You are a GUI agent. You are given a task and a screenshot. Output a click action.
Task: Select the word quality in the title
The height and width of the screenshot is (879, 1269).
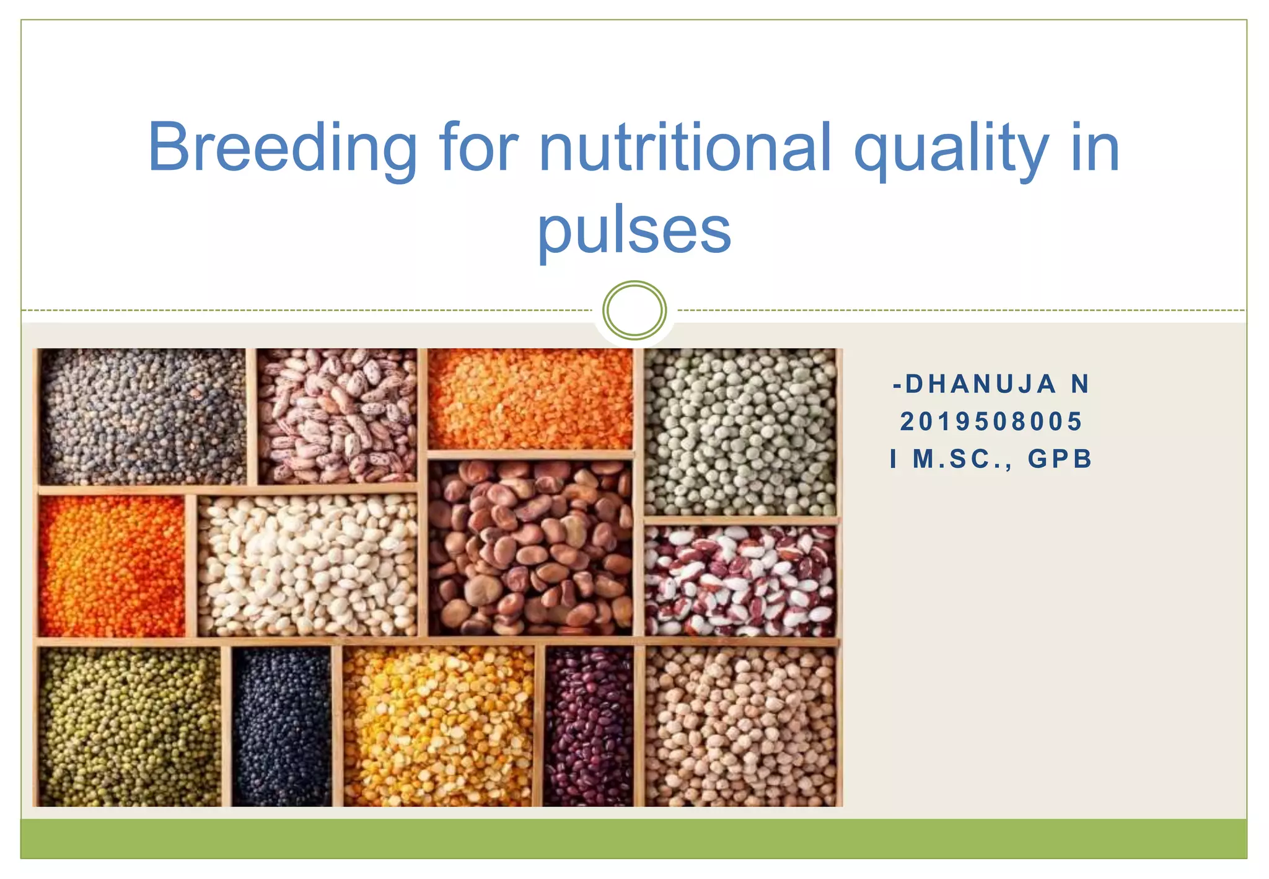point(951,149)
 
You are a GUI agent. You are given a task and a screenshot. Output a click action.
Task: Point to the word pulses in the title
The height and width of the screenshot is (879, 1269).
point(634,231)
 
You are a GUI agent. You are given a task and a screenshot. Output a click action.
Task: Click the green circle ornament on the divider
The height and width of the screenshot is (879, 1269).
point(634,310)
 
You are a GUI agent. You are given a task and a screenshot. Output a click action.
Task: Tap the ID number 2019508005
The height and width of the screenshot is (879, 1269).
point(991,422)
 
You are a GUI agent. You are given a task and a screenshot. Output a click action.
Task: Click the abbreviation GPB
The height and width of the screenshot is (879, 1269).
point(1060,459)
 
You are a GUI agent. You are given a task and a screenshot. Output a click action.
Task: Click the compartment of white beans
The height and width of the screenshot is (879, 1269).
point(308,565)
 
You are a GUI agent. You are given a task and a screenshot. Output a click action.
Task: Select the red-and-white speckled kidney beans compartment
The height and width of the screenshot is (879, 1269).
point(741,581)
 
